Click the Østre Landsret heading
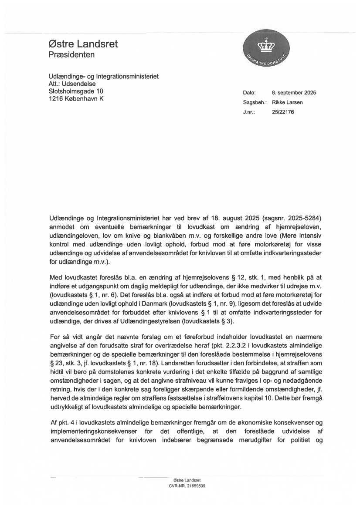tap(83, 44)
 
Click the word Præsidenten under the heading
tap(71, 55)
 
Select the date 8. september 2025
tap(294, 93)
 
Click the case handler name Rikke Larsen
tap(287, 102)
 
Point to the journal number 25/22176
tap(283, 112)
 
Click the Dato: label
tap(249, 93)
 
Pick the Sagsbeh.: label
tap(255, 102)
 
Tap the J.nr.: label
tap(249, 112)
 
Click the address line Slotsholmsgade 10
tap(76, 91)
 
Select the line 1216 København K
tap(76, 98)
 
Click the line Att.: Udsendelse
tap(72, 84)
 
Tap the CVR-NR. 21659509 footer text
tap(187, 485)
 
